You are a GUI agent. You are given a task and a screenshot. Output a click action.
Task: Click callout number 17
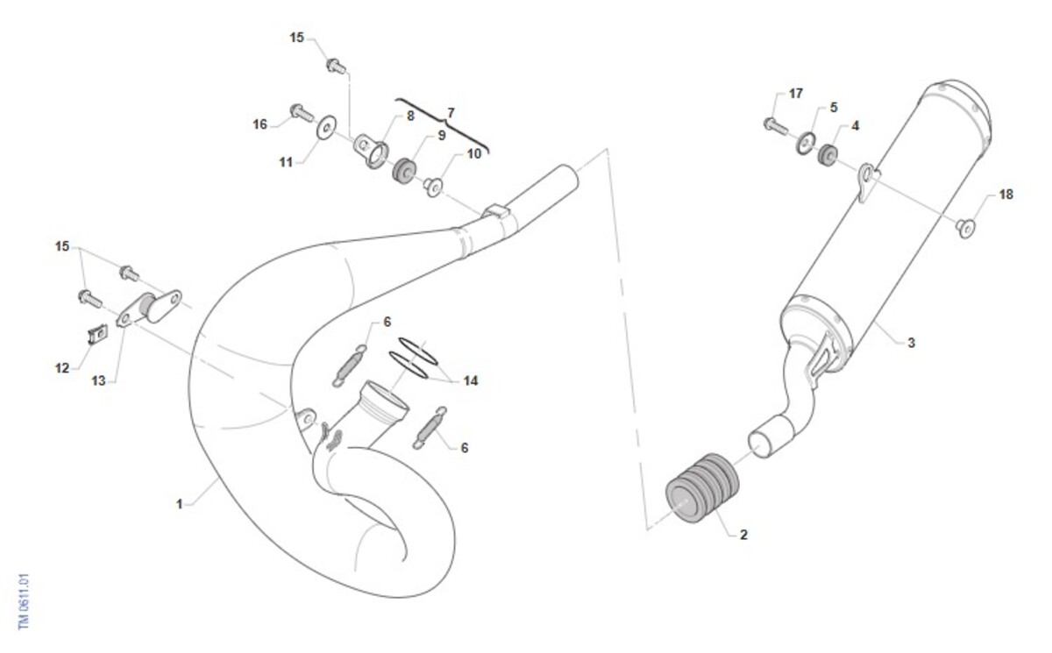click(x=796, y=94)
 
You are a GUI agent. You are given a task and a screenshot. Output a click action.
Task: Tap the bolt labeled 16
click(x=302, y=113)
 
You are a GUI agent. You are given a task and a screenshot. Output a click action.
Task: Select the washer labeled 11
click(x=326, y=127)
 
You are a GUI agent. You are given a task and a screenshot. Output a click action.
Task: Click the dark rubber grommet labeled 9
click(x=404, y=171)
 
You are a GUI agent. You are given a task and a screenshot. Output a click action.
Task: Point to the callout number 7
click(x=451, y=113)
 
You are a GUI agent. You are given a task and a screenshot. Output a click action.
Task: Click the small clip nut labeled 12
click(x=97, y=334)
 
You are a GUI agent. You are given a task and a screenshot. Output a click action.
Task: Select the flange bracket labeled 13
click(x=149, y=309)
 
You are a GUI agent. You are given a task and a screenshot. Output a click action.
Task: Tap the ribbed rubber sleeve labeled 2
click(x=702, y=488)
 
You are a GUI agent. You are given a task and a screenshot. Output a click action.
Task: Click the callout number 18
click(x=1006, y=195)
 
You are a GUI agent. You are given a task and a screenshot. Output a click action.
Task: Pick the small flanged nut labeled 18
click(x=965, y=228)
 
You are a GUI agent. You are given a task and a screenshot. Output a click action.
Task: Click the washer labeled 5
click(x=806, y=143)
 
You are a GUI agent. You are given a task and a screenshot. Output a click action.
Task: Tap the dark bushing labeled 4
click(x=828, y=155)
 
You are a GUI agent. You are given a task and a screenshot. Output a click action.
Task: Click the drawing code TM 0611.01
click(x=24, y=601)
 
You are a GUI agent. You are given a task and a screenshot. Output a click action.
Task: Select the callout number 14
click(x=471, y=380)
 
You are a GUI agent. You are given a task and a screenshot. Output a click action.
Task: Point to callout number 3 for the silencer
click(x=911, y=343)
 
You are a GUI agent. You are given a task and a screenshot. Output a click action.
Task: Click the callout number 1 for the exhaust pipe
click(x=179, y=504)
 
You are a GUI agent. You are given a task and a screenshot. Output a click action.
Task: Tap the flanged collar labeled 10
click(x=433, y=187)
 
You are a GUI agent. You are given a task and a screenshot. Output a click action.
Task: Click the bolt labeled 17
click(x=775, y=126)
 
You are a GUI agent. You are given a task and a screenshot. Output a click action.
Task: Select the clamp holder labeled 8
click(x=371, y=151)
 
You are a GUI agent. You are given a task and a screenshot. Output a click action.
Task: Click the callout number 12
click(x=62, y=368)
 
